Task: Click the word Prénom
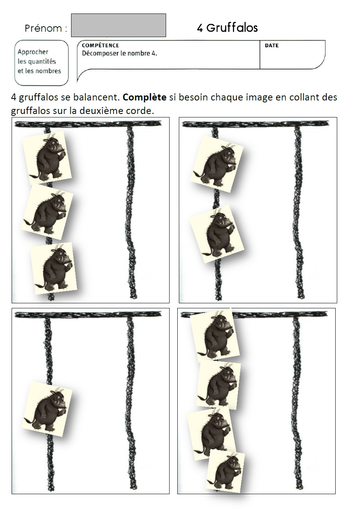(x=43, y=28)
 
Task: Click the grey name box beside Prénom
(x=118, y=25)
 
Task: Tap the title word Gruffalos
(x=232, y=28)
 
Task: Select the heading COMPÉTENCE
(x=100, y=45)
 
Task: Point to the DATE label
(x=272, y=45)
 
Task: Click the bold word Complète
(x=144, y=97)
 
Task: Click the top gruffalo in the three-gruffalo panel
(x=47, y=158)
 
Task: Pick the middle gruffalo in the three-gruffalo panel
(x=47, y=212)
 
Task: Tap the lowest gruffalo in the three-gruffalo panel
(x=53, y=268)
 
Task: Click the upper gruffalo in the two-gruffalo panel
(x=217, y=164)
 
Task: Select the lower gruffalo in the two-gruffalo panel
(x=217, y=234)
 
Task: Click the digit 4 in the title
(x=200, y=28)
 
